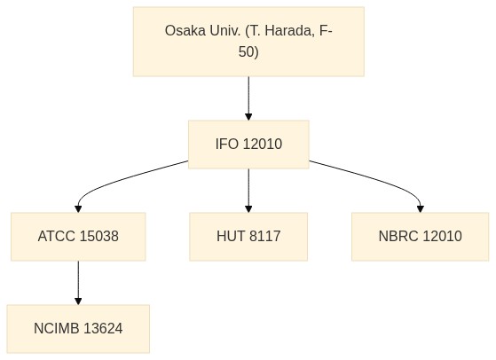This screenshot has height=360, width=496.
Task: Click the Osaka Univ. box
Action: [248, 42]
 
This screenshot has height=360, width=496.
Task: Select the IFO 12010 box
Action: [248, 145]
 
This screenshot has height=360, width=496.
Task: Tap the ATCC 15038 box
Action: [78, 237]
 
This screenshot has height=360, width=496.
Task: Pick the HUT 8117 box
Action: [248, 237]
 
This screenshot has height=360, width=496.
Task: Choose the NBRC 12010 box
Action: [420, 237]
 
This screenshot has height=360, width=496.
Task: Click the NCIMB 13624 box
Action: [78, 329]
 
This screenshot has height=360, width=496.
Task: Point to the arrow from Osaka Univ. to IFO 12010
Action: [248, 98]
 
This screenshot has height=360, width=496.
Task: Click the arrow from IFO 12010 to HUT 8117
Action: [248, 191]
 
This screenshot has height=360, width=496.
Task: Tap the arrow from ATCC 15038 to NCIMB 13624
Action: [78, 283]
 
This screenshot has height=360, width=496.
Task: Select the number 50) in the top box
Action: [248, 51]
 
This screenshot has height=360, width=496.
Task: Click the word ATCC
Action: [57, 237]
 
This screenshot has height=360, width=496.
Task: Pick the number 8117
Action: [264, 237]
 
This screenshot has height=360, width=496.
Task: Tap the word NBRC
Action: [398, 237]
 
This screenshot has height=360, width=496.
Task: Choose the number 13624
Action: [104, 329]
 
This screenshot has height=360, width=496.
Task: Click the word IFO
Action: [227, 145]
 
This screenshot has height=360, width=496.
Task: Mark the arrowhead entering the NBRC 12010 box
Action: [421, 209]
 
